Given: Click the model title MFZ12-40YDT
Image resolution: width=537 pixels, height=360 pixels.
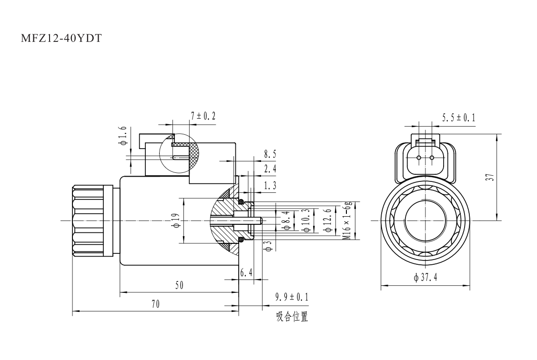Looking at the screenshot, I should (61, 38).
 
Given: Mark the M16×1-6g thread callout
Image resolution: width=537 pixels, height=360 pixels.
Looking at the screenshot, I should (348, 220).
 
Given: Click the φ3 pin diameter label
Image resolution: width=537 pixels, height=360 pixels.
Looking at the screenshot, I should (268, 246).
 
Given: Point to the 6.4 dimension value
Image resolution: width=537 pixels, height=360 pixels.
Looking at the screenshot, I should (246, 273).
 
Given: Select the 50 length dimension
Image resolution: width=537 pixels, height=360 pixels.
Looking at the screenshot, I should (179, 285).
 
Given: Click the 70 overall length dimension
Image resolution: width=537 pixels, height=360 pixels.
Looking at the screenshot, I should (155, 304).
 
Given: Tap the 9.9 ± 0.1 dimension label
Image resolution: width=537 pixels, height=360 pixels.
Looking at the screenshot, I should (292, 298).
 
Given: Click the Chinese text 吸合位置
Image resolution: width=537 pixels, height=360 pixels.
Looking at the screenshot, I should (292, 317).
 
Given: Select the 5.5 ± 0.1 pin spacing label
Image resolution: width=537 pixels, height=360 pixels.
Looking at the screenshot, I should (459, 118).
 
